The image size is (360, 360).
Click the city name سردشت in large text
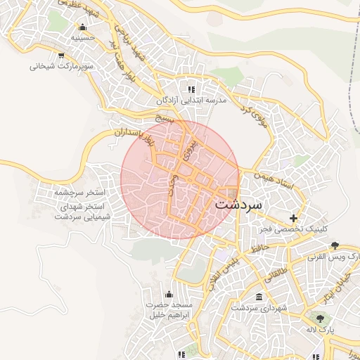pyautogui.click(x=236, y=205)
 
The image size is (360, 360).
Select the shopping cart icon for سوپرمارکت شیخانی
pyautogui.click(x=61, y=55)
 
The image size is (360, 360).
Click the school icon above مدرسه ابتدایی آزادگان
pyautogui.click(x=191, y=89)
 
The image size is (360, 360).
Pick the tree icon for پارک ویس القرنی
pyautogui.click(x=335, y=245)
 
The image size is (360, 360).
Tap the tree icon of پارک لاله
pyautogui.click(x=321, y=319)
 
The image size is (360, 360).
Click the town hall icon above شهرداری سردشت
pyautogui.click(x=259, y=297)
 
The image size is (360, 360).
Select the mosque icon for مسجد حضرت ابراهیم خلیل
pyautogui.click(x=168, y=294)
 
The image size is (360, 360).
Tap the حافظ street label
pyautogui.click(x=257, y=245)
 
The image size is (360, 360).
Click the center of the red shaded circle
pyautogui.click(x=180, y=179)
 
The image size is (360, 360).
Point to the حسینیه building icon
pyautogui.click(x=83, y=27)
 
